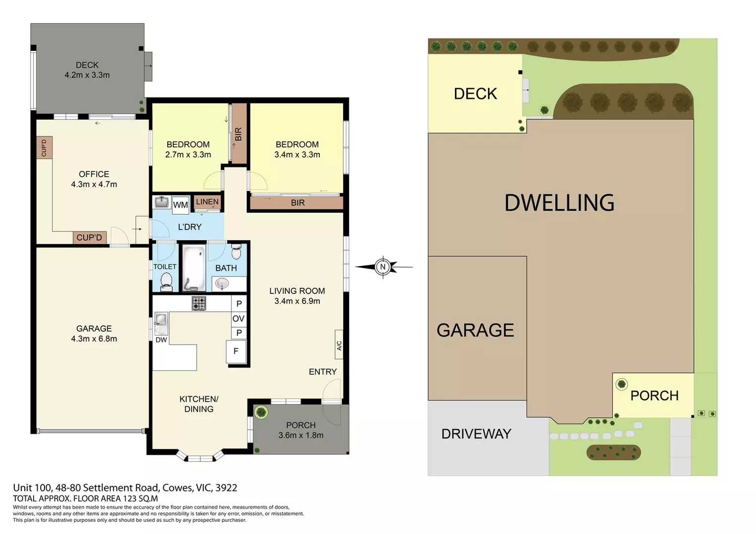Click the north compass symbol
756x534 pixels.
(x=383, y=267)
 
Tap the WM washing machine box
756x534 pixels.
(x=180, y=205)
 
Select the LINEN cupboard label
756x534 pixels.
(x=207, y=202)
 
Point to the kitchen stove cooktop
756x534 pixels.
(x=199, y=303)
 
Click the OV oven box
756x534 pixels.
(x=239, y=318)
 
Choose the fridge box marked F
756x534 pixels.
(x=236, y=351)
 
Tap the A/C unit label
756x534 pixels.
(x=339, y=345)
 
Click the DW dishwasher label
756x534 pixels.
(x=161, y=340)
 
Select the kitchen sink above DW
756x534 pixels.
(x=161, y=323)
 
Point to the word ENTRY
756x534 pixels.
(x=322, y=372)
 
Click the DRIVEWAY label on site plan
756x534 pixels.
(x=476, y=434)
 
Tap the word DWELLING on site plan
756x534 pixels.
(x=559, y=203)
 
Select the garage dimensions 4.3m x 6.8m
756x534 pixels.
(x=94, y=339)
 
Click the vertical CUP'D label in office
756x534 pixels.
(x=44, y=147)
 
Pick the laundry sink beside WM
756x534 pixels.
(x=161, y=202)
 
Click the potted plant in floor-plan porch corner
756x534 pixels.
(x=261, y=412)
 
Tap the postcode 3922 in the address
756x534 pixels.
(x=226, y=488)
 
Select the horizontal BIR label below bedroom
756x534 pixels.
(x=298, y=203)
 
